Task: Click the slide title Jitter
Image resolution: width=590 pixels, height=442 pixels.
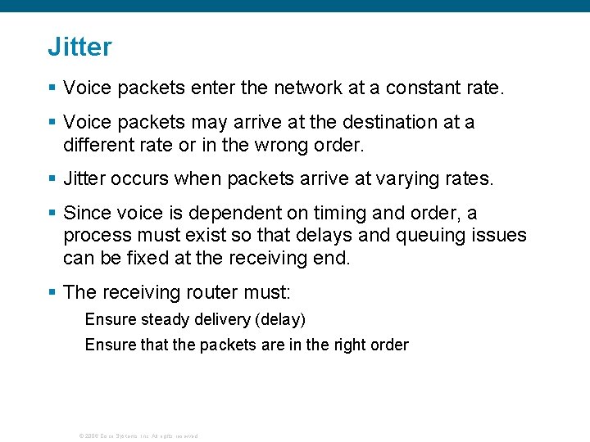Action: [79, 47]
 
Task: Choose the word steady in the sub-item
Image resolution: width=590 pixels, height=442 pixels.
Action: [161, 319]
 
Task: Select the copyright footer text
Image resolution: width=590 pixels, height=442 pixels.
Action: [138, 435]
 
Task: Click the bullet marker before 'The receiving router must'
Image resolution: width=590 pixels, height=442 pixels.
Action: [52, 292]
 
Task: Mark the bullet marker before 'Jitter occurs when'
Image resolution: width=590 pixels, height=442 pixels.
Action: [52, 179]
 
